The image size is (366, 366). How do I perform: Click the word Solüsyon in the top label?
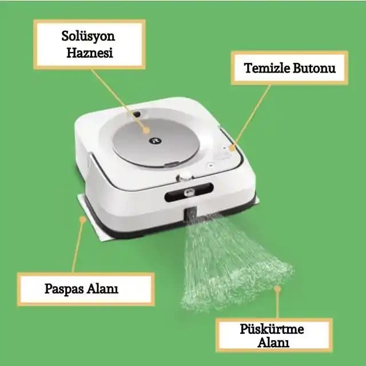click(88, 37)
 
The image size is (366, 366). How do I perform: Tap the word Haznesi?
click(90, 53)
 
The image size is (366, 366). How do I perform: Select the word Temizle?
click(267, 68)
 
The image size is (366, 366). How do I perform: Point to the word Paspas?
click(64, 289)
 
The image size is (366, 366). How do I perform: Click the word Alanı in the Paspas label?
click(103, 288)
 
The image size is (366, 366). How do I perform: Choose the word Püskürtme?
click(272, 329)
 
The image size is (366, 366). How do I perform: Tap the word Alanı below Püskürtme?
click(273, 343)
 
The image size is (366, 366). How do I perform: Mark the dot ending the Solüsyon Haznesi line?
click(146, 130)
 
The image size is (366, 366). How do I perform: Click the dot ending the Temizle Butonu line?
click(232, 148)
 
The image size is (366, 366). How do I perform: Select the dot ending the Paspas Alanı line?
click(82, 220)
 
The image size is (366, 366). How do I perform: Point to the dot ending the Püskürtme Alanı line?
click(277, 289)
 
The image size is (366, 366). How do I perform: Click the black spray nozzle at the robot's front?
click(190, 214)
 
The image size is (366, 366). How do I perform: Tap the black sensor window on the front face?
click(189, 192)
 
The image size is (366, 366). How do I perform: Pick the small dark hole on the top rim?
click(136, 114)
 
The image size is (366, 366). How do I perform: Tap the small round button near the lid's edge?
click(211, 165)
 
